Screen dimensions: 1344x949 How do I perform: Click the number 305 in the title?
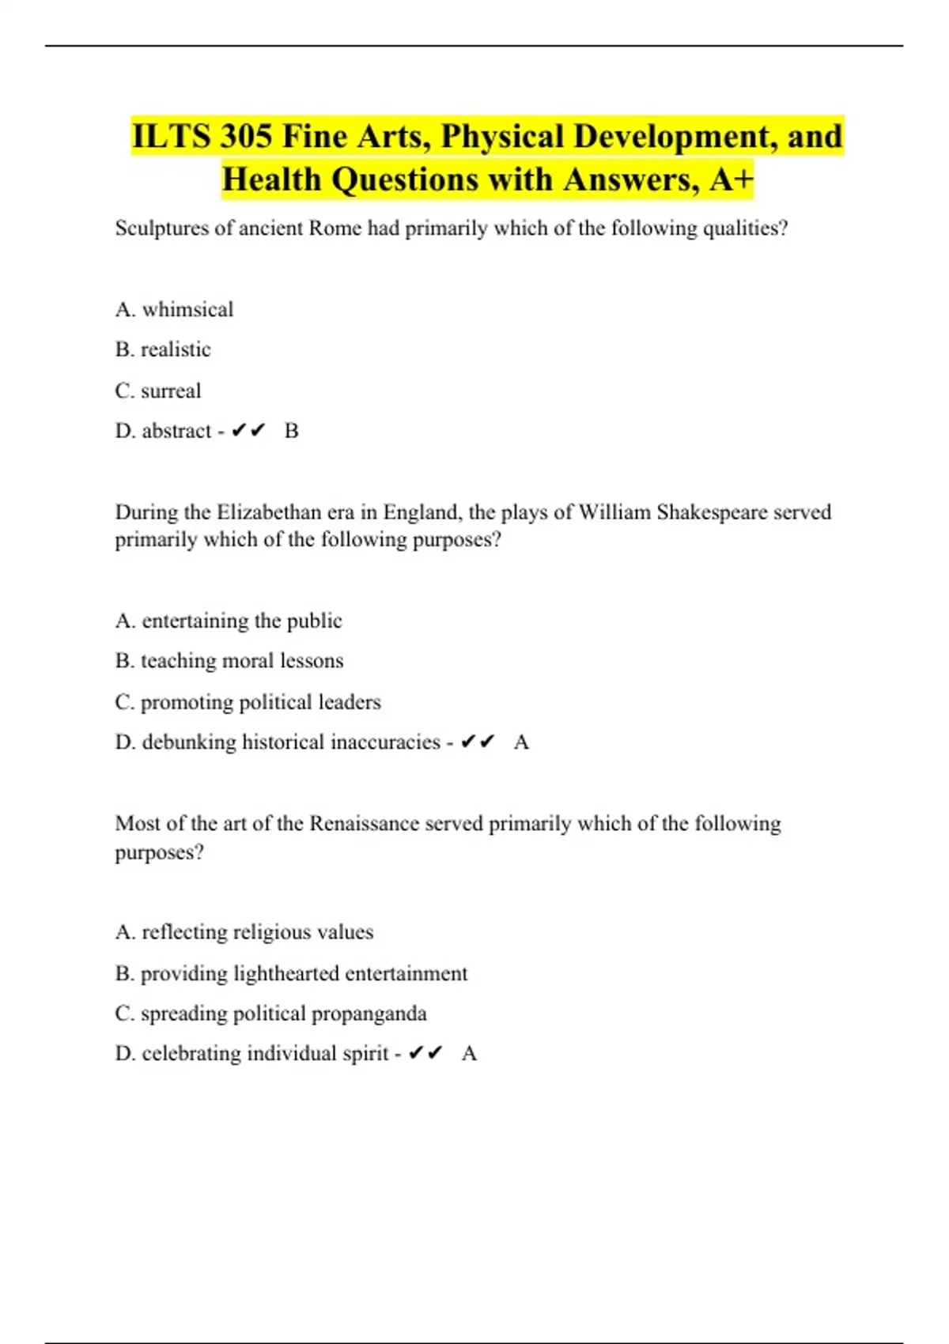[246, 137]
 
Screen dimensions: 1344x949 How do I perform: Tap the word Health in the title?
[271, 179]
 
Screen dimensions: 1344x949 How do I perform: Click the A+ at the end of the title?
[731, 179]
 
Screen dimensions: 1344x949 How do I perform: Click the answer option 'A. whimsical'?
[174, 309]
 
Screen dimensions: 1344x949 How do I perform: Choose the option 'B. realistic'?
[163, 349]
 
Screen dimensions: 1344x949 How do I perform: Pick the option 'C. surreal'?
[158, 391]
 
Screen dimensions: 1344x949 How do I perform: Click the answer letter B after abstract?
[291, 431]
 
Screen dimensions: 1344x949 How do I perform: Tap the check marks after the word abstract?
[248, 431]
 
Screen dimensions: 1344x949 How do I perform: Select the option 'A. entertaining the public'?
[229, 621]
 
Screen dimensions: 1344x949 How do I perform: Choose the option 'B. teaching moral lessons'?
[229, 661]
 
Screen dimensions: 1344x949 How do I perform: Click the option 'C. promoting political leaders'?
[248, 702]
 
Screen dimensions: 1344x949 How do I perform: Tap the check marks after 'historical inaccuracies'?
[478, 742]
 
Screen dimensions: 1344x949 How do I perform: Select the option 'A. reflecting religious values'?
[244, 932]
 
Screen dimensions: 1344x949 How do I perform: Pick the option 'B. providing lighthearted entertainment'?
[291, 973]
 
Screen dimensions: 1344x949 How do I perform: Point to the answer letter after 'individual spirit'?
[469, 1054]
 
